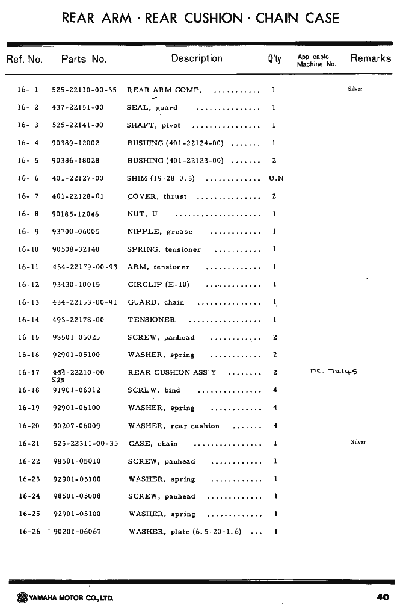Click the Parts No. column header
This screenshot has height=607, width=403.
point(84,59)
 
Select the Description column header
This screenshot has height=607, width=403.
point(197,58)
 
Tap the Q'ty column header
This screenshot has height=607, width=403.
point(274,59)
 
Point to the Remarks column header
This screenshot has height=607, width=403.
point(371,58)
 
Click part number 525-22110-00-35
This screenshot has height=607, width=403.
point(84,90)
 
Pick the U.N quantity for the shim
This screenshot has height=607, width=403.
point(276,178)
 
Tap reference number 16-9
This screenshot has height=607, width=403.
point(28,231)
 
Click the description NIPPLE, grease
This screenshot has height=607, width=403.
point(160,232)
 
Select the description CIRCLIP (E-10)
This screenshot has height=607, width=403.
point(158,285)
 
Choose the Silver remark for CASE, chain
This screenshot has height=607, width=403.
point(358,442)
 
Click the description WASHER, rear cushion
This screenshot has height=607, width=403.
point(174,426)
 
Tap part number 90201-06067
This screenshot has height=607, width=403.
point(78,532)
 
